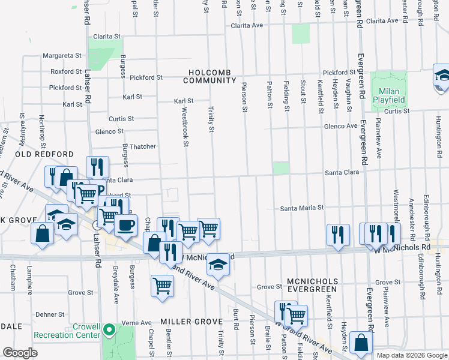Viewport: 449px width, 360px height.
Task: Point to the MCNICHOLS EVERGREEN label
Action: [x=308, y=285]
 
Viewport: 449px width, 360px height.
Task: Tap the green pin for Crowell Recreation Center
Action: [x=109, y=329]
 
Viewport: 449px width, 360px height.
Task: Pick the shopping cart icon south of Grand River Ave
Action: [x=162, y=287]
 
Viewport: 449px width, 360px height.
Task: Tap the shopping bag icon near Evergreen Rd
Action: [x=361, y=343]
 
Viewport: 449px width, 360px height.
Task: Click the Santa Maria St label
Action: [x=303, y=208]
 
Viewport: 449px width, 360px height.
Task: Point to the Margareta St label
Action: [x=62, y=56]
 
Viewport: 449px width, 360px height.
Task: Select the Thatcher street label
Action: [x=142, y=146]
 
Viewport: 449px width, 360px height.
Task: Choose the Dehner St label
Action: [x=50, y=314]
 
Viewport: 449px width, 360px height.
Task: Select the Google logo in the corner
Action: [x=20, y=353]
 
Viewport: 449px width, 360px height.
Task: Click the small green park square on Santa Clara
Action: [x=280, y=168]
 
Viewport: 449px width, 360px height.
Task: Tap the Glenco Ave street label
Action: [x=340, y=126]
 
